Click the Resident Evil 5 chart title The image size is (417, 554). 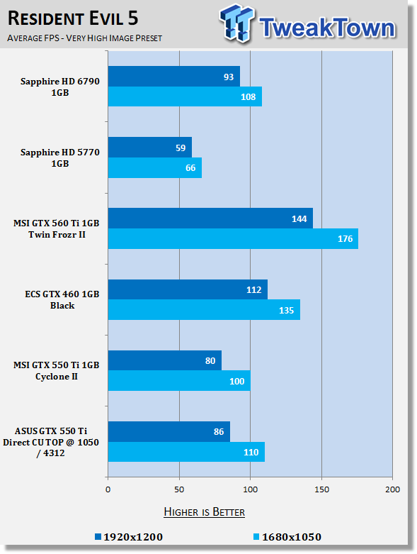click(73, 18)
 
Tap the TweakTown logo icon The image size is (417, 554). click(236, 23)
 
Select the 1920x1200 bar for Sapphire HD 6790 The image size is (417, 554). click(174, 77)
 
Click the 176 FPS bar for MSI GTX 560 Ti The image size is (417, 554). click(233, 239)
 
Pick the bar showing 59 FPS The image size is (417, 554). click(150, 148)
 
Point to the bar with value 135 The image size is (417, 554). click(204, 310)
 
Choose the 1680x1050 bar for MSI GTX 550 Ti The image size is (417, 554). click(179, 381)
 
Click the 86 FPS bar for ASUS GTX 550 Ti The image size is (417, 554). click(169, 431)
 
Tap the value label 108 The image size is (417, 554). click(249, 96)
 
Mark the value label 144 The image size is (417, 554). click(299, 219)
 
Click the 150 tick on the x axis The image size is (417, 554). click(322, 489)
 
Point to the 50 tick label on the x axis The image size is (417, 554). click(179, 489)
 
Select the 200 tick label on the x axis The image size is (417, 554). click(393, 489)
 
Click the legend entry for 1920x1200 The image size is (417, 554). click(129, 537)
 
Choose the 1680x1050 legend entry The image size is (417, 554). click(287, 537)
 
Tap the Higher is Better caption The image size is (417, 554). click(205, 512)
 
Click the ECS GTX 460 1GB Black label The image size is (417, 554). click(62, 299)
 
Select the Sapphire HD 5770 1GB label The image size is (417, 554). click(60, 157)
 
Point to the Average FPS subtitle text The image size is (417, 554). click(84, 38)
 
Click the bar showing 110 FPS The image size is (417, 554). click(186, 452)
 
